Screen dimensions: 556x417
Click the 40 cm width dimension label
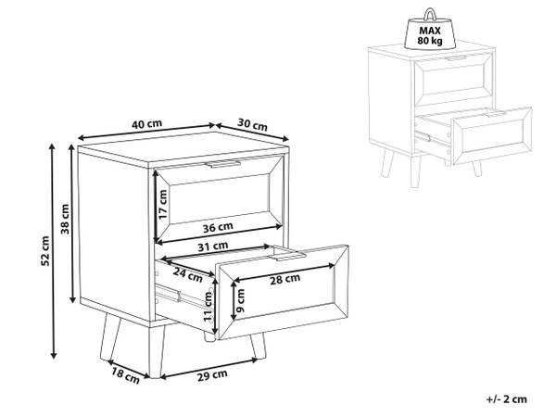[146, 124]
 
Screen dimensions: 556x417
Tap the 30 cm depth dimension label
[252, 124]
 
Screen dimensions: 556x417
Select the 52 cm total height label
[45, 251]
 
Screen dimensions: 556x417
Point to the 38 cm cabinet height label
[65, 219]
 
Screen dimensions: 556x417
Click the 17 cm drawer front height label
[163, 205]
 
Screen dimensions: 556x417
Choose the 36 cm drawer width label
[218, 227]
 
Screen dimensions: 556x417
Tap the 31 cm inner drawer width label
[213, 246]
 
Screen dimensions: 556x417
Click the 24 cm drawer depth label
[187, 274]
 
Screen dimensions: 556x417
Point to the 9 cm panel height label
[241, 300]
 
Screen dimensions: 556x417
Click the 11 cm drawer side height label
[208, 307]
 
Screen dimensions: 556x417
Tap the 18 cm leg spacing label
[125, 376]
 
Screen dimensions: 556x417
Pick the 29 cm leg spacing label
[212, 375]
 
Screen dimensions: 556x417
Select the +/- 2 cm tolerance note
[507, 398]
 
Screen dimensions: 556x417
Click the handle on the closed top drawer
[223, 164]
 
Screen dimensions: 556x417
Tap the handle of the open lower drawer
[288, 257]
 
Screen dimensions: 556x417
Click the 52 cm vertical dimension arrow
[53, 251]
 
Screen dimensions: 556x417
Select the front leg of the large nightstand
[155, 351]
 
